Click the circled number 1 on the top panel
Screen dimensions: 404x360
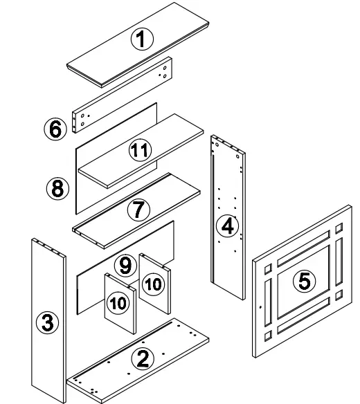[x=142, y=39]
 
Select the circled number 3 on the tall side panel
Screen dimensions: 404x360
[x=47, y=322]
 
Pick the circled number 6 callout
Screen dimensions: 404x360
[x=55, y=129]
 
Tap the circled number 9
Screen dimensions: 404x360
[x=125, y=264]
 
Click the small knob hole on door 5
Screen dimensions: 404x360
[x=260, y=306]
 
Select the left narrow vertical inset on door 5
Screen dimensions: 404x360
[x=269, y=298]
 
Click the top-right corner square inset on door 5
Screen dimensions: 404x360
[x=338, y=228]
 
